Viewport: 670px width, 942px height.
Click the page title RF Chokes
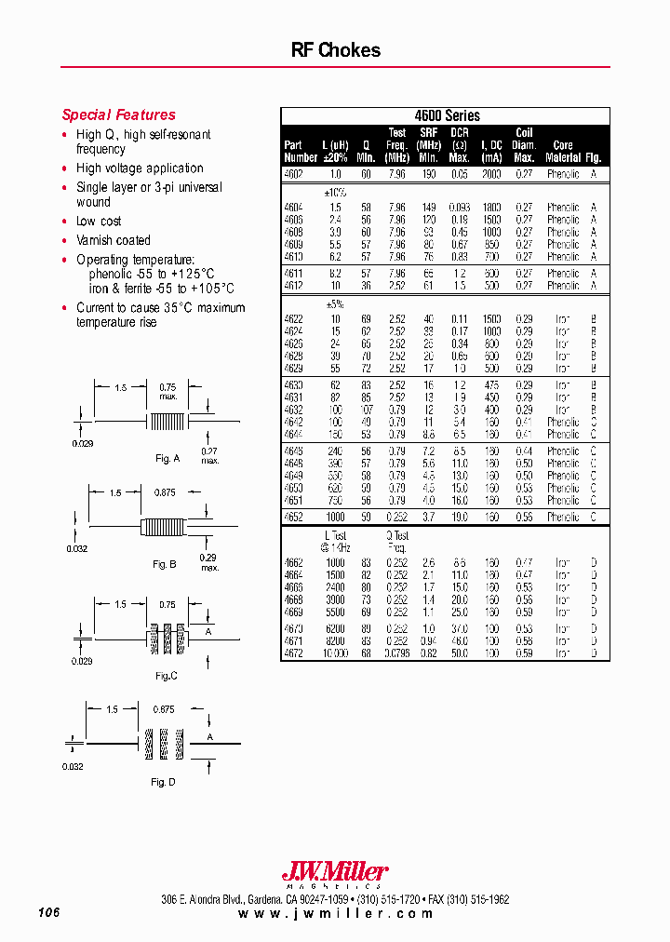336,50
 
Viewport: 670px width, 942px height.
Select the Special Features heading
118,115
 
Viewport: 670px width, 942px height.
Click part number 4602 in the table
294,174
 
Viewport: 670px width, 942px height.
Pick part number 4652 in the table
294,517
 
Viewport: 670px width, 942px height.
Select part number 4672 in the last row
294,653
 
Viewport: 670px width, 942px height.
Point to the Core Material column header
563,152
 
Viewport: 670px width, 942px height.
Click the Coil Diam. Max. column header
525,145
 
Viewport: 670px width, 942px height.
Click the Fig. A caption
167,459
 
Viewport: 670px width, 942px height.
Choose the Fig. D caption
163,783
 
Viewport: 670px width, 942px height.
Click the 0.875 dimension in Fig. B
165,492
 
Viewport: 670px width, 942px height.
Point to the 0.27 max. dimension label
210,455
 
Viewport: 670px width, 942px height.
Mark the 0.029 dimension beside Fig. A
84,443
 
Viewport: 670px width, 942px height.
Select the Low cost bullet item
99,222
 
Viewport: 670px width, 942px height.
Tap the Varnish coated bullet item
114,240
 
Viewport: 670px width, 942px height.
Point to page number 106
49,914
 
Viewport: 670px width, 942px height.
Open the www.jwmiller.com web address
335,915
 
